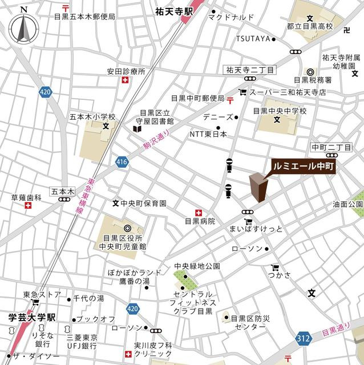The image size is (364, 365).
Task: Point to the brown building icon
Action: click(x=258, y=188)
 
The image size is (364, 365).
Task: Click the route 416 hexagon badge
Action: click(x=121, y=163)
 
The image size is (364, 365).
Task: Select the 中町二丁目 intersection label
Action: click(x=331, y=147)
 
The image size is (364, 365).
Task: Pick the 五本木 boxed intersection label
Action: click(x=62, y=192)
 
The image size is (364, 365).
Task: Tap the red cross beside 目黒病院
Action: click(x=199, y=211)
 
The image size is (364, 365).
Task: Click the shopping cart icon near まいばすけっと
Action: click(x=248, y=222)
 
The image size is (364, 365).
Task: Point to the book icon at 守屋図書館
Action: click(x=136, y=129)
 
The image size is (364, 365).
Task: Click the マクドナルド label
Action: click(x=230, y=18)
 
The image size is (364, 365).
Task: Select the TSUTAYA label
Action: click(x=253, y=39)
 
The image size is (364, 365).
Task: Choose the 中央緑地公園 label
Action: click(x=197, y=266)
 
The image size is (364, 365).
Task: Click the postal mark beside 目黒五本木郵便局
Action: click(x=66, y=7)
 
